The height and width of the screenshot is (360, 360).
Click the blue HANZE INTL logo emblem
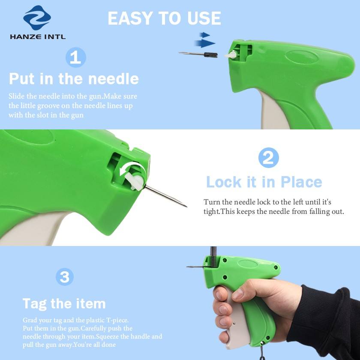[x=37, y=18]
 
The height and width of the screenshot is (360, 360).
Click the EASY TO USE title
[x=165, y=18]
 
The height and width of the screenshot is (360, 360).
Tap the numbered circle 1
[x=76, y=57]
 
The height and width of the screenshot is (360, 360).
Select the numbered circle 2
[x=269, y=158]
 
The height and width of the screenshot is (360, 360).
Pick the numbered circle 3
[x=65, y=277]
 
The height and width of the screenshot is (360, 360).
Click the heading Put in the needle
[x=74, y=79]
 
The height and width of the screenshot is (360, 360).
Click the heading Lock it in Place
[x=264, y=182]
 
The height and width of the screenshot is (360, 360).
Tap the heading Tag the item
[x=64, y=304]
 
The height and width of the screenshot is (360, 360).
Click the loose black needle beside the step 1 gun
[x=198, y=54]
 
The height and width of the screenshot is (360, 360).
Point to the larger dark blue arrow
[x=205, y=43]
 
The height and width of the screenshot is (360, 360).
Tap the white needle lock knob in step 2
[x=135, y=181]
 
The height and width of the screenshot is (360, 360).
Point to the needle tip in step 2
[x=187, y=207]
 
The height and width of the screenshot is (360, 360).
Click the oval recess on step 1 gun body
[x=301, y=57]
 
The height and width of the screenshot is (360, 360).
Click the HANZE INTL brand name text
[x=38, y=36]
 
